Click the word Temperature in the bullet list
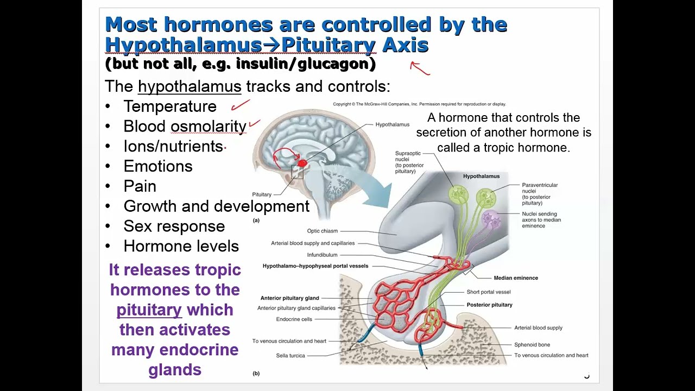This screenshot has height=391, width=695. pyautogui.click(x=169, y=106)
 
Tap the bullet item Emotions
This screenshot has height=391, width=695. pyautogui.click(x=157, y=166)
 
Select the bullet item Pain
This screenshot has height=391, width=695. pyautogui.click(x=140, y=186)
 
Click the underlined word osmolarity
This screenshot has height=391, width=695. pyautogui.click(x=208, y=127)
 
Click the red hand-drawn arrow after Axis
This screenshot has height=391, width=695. pyautogui.click(x=420, y=68)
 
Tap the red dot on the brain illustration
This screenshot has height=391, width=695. pyautogui.click(x=302, y=163)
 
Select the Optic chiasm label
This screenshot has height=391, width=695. pyautogui.click(x=323, y=231)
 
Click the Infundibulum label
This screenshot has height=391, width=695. pyautogui.click(x=322, y=255)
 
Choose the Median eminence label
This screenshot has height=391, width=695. pyautogui.click(x=516, y=278)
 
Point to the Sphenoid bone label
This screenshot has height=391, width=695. pyautogui.click(x=532, y=345)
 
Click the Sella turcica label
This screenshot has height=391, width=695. pyautogui.click(x=290, y=356)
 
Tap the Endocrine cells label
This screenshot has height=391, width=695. pyautogui.click(x=294, y=319)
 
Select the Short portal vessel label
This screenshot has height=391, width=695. pyautogui.click(x=489, y=292)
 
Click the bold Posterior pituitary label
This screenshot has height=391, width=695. pyautogui.click(x=489, y=305)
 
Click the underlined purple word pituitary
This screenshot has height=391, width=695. pyautogui.click(x=149, y=310)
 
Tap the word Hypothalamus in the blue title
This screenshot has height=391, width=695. pyautogui.click(x=183, y=45)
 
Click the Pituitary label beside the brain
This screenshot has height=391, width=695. pyautogui.click(x=262, y=194)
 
